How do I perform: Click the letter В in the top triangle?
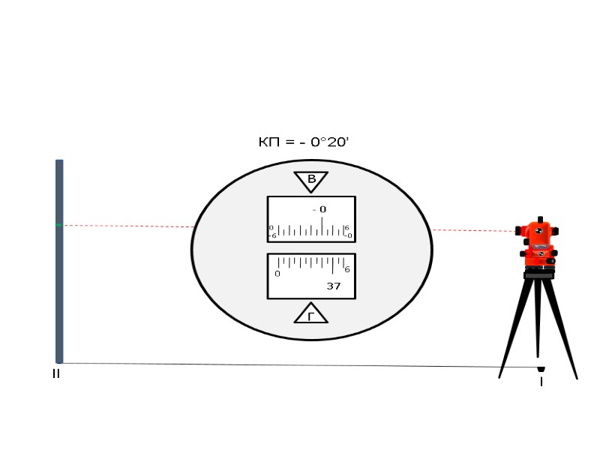tap(311, 178)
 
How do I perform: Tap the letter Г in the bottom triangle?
tap(311, 316)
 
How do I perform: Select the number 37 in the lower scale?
tap(334, 286)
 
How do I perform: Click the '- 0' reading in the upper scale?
tap(319, 209)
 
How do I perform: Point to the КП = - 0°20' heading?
tap(304, 142)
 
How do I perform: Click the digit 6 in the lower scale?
tap(347, 269)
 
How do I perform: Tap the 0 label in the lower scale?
tap(277, 274)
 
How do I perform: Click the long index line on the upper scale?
tap(322, 226)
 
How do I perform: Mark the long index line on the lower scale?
tap(332, 266)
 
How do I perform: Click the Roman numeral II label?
tap(56, 373)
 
